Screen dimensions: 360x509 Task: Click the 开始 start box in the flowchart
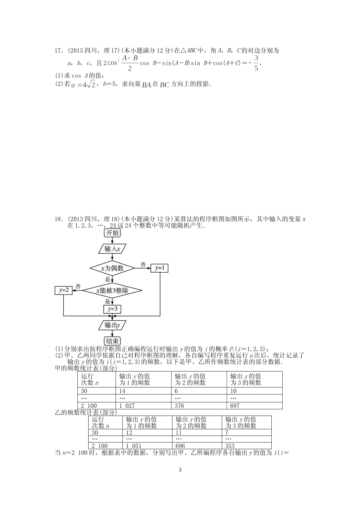point(112,233)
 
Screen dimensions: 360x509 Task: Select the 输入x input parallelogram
point(112,249)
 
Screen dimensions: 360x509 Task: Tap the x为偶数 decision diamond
point(112,268)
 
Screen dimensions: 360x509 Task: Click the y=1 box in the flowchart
point(160,268)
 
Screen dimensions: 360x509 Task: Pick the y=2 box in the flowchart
point(63,290)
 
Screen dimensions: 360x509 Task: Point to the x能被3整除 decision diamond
point(112,290)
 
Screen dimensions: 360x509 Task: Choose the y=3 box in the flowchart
point(112,309)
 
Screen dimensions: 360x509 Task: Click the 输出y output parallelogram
point(112,325)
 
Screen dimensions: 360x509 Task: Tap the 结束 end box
point(112,341)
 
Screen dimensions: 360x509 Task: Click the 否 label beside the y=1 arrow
point(143,264)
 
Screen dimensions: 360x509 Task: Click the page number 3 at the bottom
point(180,470)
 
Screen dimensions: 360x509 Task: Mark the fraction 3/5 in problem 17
point(256,63)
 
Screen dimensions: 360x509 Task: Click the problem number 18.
point(58,219)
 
